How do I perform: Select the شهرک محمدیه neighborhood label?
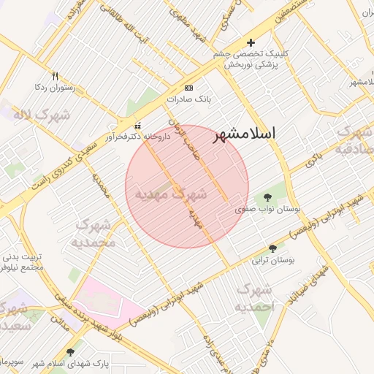pyautogui.click(x=96, y=233)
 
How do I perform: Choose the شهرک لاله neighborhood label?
pyautogui.click(x=35, y=115)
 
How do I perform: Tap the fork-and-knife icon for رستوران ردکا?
pyautogui.click(x=56, y=76)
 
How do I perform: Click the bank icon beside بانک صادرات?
pyautogui.click(x=189, y=87)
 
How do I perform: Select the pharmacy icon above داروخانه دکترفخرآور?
pyautogui.click(x=139, y=125)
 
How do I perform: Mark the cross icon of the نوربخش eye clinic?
pyautogui.click(x=251, y=43)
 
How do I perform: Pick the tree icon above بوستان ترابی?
pyautogui.click(x=272, y=248)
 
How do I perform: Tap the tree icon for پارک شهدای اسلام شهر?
pyautogui.click(x=70, y=352)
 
